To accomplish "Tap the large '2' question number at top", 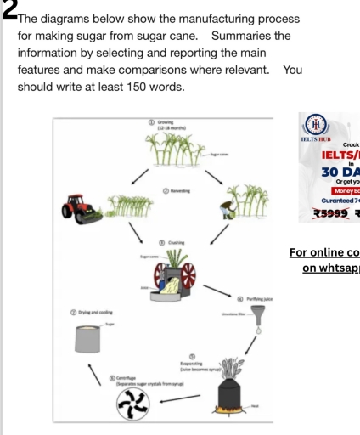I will coord(6,8).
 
